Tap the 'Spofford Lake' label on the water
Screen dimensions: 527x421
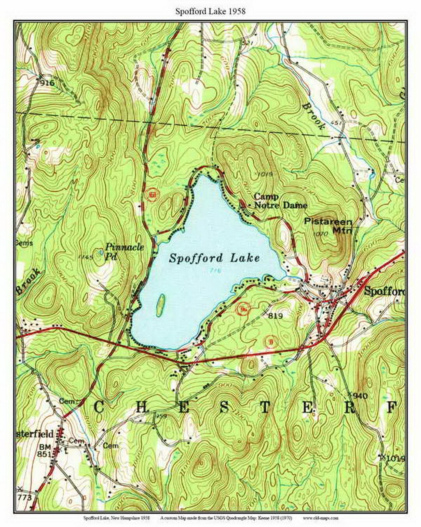(214, 258)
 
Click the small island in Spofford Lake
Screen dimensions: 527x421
(160, 305)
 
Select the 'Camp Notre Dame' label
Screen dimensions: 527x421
(280, 201)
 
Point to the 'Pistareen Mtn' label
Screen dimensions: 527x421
(328, 226)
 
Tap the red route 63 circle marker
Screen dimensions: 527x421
(152, 194)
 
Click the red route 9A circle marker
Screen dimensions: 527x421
(244, 310)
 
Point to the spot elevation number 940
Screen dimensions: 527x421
(360, 396)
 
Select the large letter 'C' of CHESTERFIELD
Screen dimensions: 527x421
(99, 408)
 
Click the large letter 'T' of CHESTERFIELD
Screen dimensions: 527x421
(264, 408)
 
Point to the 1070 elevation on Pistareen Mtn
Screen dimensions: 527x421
(318, 234)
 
